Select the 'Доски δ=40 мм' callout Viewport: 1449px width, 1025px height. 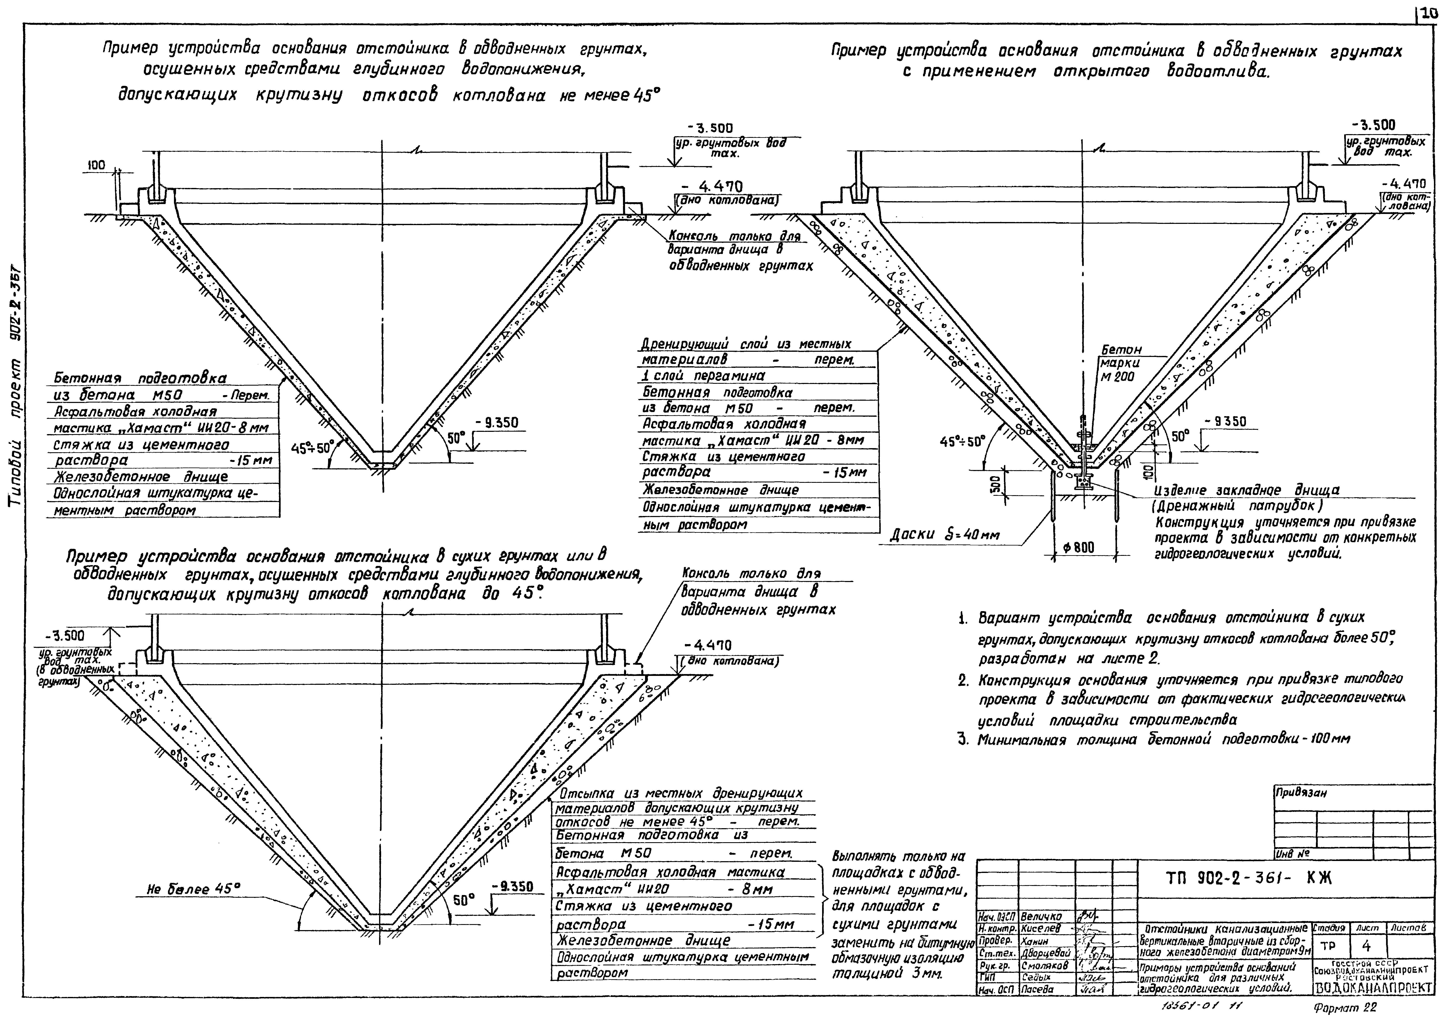click(x=945, y=535)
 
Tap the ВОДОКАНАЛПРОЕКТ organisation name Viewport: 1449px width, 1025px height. click(x=1374, y=988)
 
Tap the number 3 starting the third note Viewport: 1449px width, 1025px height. click(x=963, y=739)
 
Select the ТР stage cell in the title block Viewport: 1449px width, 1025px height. click(x=1328, y=947)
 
